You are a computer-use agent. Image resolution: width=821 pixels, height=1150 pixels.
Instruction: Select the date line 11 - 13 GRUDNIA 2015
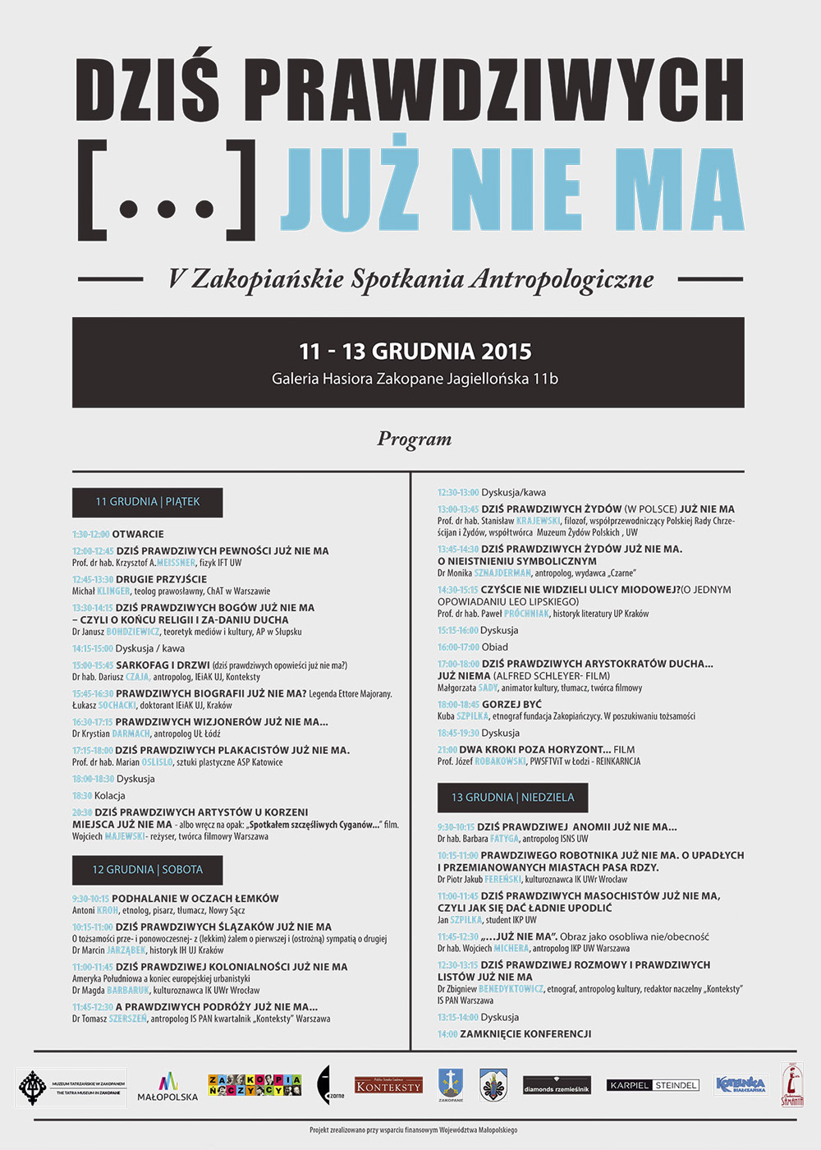pos(415,352)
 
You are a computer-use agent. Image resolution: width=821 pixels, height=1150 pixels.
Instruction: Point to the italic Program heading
pos(415,439)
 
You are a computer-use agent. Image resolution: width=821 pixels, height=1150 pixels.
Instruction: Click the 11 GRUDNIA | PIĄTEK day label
pos(148,502)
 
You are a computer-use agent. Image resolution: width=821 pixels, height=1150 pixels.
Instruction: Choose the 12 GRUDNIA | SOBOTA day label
pos(148,870)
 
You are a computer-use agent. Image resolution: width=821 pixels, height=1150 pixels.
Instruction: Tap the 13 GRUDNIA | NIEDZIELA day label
pos(512,798)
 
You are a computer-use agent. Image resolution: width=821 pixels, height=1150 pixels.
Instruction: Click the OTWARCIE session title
pos(138,534)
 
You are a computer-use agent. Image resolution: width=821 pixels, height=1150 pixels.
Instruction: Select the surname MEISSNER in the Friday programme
pos(176,563)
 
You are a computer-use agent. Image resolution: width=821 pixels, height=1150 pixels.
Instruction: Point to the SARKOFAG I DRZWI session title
pos(163,665)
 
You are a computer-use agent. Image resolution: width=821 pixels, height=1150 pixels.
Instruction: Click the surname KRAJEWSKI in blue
pos(538,521)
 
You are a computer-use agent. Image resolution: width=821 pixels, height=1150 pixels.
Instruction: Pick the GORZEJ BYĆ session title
pos(511,705)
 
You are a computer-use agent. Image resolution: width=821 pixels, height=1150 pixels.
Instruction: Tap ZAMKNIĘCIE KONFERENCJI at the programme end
pos(525,1034)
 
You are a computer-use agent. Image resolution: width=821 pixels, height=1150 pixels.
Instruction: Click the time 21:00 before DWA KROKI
pos(447,749)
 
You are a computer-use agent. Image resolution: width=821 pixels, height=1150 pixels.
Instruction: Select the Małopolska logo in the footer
pos(167,1087)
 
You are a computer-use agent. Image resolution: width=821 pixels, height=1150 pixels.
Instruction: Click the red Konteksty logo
pos(388,1086)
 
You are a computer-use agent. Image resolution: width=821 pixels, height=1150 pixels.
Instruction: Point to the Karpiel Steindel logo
pos(653,1085)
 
